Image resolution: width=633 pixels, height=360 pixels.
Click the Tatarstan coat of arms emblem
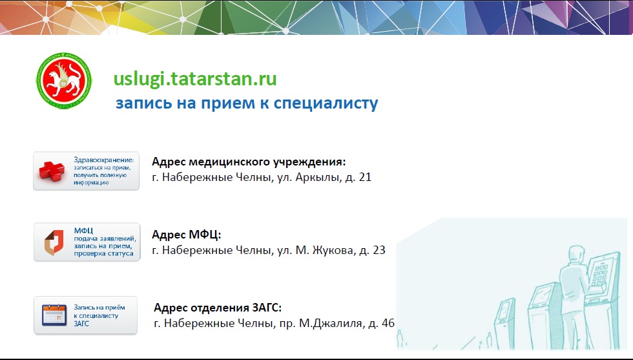(64, 81)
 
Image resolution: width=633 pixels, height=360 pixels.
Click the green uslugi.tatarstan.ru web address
(195, 79)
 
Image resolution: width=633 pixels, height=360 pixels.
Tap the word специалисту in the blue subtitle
(326, 103)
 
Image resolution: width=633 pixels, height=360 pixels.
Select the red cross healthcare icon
(51, 171)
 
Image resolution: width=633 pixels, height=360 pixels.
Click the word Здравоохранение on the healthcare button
(104, 160)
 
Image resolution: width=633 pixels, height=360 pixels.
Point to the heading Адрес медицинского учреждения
(249, 162)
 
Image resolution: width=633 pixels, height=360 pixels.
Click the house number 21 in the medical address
(365, 177)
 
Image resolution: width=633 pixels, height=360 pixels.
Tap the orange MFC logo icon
(54, 242)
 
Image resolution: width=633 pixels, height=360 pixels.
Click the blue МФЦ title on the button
(83, 231)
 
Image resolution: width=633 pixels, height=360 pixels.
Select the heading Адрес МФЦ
(187, 235)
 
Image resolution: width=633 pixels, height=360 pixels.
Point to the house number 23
(379, 251)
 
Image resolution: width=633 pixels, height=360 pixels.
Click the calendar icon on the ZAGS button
(54, 315)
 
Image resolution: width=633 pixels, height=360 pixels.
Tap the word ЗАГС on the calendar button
(81, 324)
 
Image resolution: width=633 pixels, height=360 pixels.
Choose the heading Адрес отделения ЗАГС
(218, 308)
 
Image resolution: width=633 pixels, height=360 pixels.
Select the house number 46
(388, 324)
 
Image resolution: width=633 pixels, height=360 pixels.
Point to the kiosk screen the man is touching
(603, 272)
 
